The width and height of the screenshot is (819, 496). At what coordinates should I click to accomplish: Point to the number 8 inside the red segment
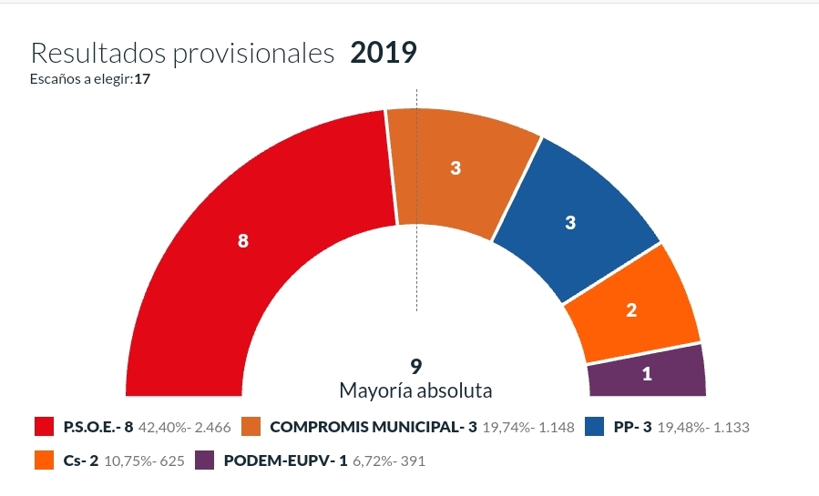coord(242,241)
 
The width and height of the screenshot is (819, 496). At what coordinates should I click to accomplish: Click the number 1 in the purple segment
coord(648,373)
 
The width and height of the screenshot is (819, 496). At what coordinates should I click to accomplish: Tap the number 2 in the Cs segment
coord(631,310)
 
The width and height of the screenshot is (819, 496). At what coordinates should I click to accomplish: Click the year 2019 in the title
coord(383,53)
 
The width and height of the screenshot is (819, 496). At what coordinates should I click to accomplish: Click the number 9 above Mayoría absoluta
coord(415,367)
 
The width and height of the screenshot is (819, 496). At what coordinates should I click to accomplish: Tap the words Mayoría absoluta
coord(415,391)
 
